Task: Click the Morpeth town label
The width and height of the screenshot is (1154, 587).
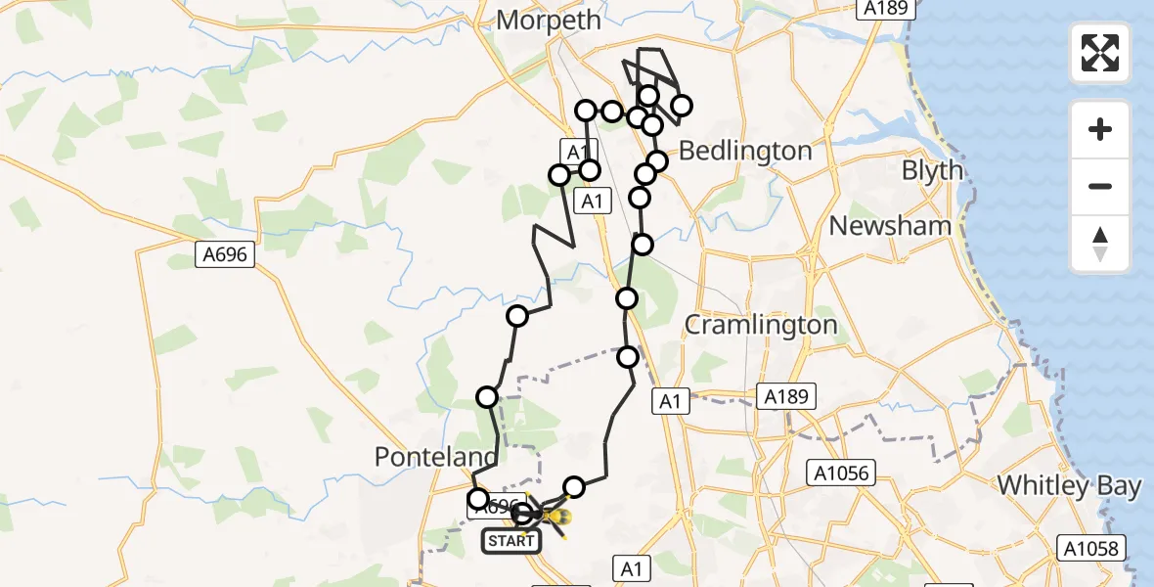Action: point(541,19)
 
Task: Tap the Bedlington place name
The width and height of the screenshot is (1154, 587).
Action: point(745,151)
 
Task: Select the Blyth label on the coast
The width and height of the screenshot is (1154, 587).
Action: point(932,170)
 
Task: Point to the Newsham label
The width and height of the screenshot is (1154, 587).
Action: point(890,225)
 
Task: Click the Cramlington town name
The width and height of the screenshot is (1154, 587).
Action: point(761,325)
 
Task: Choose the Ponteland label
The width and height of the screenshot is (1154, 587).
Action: point(436,457)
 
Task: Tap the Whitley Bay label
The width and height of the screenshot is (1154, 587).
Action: point(1069,485)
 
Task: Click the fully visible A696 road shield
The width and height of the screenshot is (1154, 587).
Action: point(225,255)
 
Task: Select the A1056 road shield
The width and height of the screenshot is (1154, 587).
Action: point(837,474)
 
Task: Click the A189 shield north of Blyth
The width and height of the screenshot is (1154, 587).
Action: point(886,9)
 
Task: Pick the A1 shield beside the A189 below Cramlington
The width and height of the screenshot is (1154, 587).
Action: point(670,400)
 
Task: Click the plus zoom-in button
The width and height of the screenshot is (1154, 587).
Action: point(1100,129)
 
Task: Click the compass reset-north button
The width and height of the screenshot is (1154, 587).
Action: point(1100,244)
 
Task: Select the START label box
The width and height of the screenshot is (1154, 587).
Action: point(510,540)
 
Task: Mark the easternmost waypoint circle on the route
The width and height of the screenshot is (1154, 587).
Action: point(681,106)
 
